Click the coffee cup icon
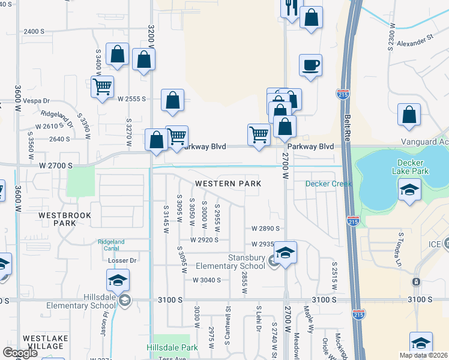pos(310,65)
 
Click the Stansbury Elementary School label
pos(238,262)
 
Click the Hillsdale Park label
pos(172,347)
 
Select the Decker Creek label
pos(328,184)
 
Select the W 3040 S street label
pos(207,280)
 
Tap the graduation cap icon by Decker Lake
pos(409,190)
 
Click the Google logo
pos(20,352)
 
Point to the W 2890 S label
pos(266,229)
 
